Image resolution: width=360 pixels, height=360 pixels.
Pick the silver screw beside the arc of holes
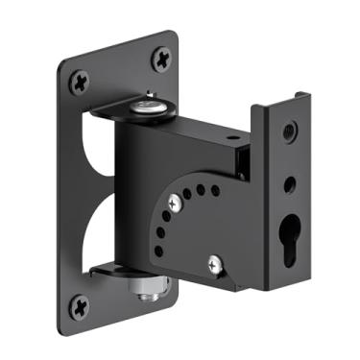click(174, 203)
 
